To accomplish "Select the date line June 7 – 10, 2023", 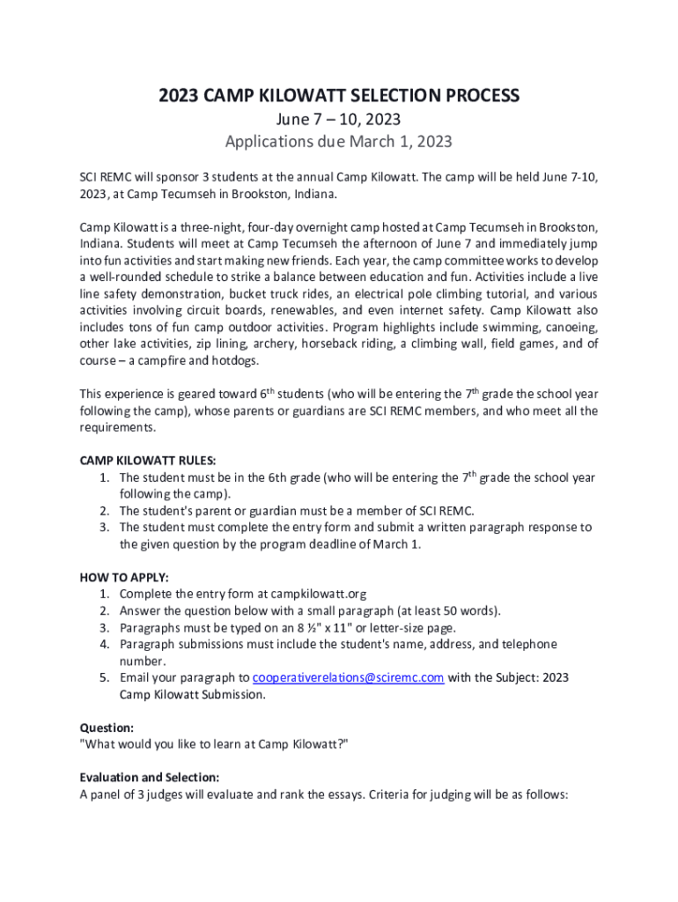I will pos(338,118).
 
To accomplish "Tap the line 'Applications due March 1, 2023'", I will pos(338,141).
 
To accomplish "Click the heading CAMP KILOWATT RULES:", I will pos(148,461).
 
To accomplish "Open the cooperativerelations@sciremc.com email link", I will pos(348,677).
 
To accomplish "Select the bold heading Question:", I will pos(107,728).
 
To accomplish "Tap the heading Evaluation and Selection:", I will pos(150,778).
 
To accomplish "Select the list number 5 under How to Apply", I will pos(103,677).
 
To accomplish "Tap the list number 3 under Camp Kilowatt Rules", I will pos(103,527).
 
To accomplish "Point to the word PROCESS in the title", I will pos(473,95).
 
